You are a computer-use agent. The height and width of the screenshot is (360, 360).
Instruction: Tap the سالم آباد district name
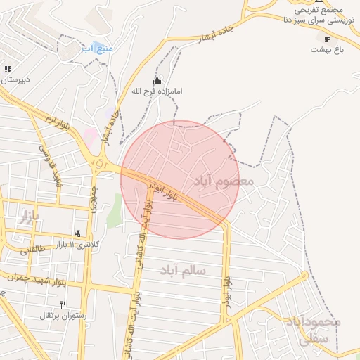[x=182, y=270]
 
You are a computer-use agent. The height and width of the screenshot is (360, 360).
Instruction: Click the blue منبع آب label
[x=97, y=48]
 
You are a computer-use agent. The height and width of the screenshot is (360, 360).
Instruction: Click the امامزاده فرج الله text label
[x=156, y=91]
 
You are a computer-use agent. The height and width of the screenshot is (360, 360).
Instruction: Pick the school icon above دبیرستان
[x=8, y=69]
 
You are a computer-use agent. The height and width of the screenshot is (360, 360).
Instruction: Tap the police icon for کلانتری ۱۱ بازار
[x=77, y=233]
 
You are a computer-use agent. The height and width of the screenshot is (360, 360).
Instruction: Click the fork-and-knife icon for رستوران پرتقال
[x=63, y=304]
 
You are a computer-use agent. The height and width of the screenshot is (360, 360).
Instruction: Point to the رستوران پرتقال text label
[x=63, y=316]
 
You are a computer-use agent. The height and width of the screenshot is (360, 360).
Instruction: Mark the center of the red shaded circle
[x=180, y=180]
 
